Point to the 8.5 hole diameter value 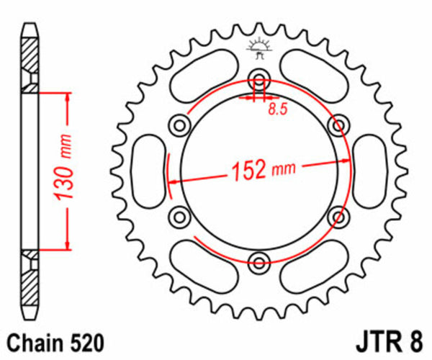coord(276,109)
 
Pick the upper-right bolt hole coord(337,126)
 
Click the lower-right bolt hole coord(337,215)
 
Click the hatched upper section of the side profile coord(30,61)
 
